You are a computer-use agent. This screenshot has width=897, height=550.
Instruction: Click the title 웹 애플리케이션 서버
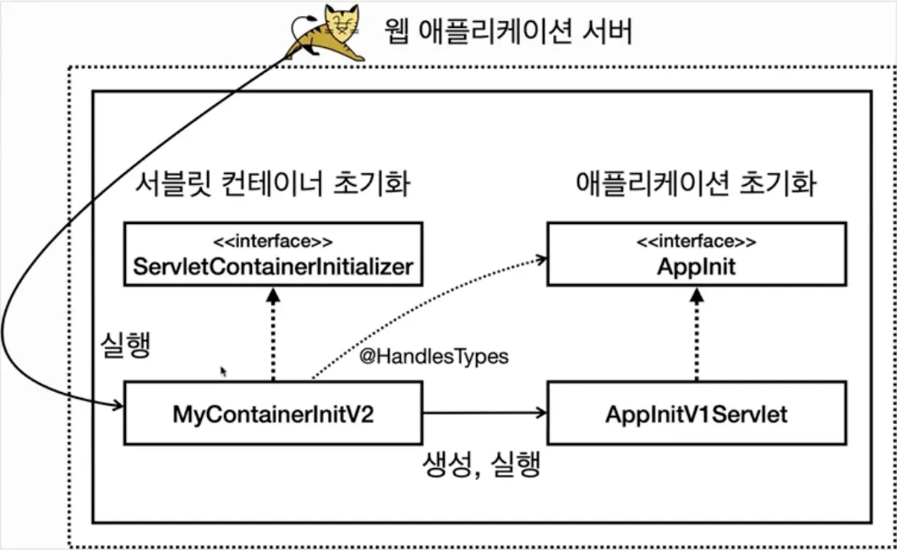[x=507, y=32]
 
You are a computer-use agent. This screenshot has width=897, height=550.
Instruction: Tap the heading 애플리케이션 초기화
[x=696, y=183]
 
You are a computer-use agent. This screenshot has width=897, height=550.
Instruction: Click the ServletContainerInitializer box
[x=272, y=253]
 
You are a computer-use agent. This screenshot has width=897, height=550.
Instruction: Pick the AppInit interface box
[x=696, y=253]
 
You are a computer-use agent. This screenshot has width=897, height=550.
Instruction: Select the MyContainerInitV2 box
[x=272, y=413]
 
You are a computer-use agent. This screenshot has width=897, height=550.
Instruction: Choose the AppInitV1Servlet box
[x=696, y=413]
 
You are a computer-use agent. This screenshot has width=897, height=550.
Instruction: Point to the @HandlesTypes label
[x=434, y=357]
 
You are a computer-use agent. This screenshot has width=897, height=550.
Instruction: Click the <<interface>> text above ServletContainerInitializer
[x=272, y=241]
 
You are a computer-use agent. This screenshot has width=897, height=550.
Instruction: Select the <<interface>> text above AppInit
[x=696, y=241]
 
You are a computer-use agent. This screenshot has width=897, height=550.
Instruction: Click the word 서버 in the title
[x=607, y=32]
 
